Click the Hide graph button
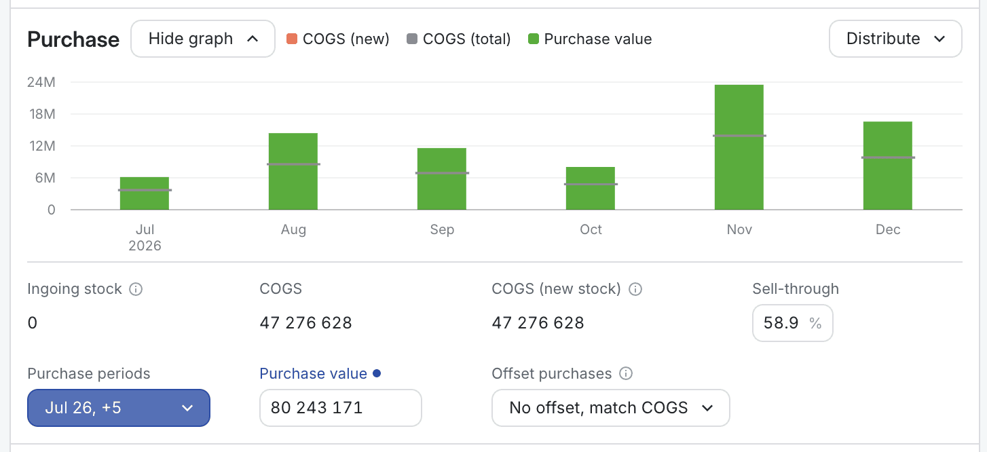[x=203, y=39]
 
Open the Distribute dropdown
[x=895, y=39]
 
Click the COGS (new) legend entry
[x=338, y=39]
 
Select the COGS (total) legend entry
[x=459, y=39]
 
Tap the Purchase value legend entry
[x=590, y=39]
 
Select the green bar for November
[x=739, y=147]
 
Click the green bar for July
[x=145, y=193]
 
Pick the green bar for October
[x=591, y=188]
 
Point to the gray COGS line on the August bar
[x=293, y=164]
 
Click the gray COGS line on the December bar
[x=889, y=157]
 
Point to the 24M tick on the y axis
[x=41, y=82]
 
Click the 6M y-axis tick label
[x=45, y=178]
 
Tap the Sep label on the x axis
[x=442, y=229]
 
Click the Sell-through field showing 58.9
[x=793, y=323]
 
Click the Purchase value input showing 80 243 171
[x=341, y=407]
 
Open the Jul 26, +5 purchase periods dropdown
[x=119, y=407]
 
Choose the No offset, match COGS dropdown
[x=611, y=407]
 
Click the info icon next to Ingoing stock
[x=136, y=289]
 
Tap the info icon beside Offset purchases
[x=626, y=373]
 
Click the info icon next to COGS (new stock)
[x=635, y=289]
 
